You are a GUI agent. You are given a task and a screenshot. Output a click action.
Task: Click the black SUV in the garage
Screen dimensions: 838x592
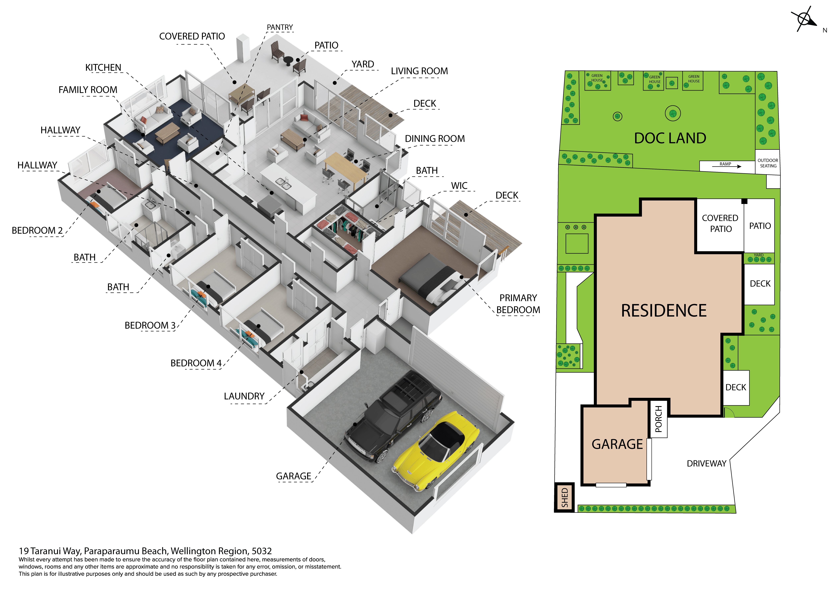[393, 416]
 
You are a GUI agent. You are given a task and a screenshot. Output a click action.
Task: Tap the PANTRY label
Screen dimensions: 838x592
[279, 27]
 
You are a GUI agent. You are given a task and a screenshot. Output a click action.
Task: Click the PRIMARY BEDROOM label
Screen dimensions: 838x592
[518, 304]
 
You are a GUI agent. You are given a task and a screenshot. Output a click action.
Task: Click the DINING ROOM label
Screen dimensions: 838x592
[435, 139]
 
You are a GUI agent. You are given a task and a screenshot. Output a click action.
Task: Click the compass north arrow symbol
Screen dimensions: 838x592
[805, 19]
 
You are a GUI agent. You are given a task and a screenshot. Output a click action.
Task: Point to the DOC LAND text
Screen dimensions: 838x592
[670, 138]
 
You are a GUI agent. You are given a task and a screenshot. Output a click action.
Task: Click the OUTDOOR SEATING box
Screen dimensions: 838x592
[768, 163]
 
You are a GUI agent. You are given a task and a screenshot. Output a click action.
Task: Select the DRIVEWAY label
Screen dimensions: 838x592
[707, 463]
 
